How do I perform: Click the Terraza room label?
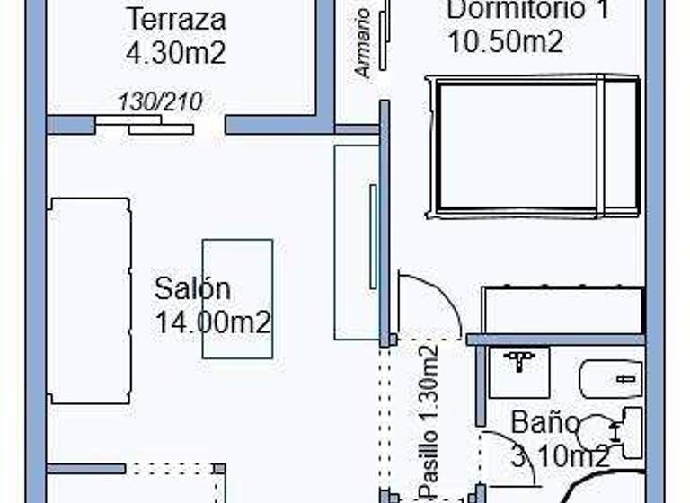175,19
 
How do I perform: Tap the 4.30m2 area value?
175,52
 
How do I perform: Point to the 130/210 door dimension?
160,101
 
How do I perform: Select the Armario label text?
363,43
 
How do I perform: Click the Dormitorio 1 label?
516,10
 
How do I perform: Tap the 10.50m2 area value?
505,41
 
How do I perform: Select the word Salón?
192,289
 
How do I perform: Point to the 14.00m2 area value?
213,322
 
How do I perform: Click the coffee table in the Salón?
237,298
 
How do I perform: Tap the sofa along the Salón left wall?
89,301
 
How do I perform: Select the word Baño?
545,422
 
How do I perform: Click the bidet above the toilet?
611,378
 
